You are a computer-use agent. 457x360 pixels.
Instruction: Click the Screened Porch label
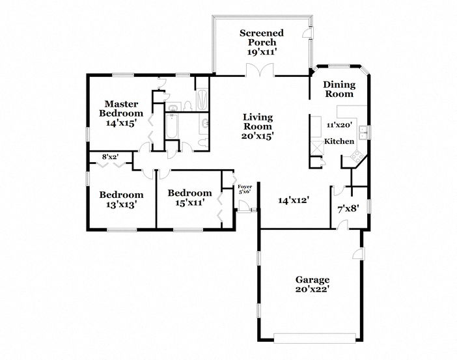[262, 38]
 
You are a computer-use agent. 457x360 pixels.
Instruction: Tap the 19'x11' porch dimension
[262, 52]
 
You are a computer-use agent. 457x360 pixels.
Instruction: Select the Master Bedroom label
[121, 109]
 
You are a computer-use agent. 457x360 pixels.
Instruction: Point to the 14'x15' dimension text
[121, 123]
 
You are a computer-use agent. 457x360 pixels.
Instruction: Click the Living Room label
[258, 122]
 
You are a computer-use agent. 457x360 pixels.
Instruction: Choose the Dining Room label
[339, 89]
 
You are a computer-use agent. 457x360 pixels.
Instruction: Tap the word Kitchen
[339, 141]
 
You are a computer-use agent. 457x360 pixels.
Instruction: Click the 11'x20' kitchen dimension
[339, 125]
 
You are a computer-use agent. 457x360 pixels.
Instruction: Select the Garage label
[312, 280]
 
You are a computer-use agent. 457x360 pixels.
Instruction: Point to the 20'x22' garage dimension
[312, 290]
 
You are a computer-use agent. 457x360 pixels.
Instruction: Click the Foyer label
[245, 187]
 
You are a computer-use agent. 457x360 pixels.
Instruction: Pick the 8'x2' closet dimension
[110, 157]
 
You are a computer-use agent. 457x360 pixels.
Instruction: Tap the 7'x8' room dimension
[348, 209]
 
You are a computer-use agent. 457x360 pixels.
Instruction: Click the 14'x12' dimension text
[294, 201]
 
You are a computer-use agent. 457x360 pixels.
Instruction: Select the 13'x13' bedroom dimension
[121, 204]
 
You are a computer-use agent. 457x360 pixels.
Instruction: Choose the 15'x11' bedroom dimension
[189, 202]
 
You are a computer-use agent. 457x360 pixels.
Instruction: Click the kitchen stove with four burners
[357, 156]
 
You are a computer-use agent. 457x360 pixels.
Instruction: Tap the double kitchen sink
[363, 133]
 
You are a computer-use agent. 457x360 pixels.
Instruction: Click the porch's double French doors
[260, 71]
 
